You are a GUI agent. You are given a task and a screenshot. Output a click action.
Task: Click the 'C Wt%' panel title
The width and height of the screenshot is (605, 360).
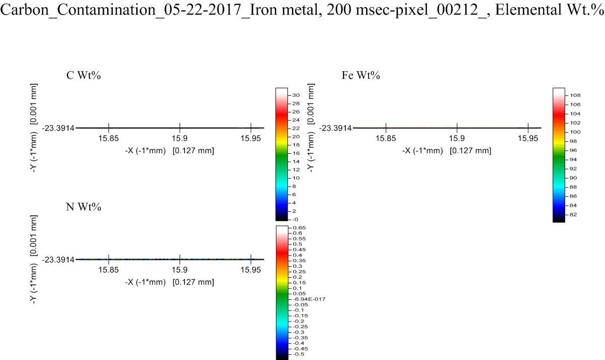pos(85,76)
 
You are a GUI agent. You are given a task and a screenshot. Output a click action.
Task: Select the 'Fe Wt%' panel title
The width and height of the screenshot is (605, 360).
pos(361,76)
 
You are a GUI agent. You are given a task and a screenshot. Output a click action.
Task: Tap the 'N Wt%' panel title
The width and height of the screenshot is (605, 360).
pos(85,207)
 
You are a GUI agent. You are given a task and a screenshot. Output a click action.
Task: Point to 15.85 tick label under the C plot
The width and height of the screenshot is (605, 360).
pos(109,138)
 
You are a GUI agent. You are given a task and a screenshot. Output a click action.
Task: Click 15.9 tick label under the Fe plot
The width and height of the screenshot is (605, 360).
pos(457,138)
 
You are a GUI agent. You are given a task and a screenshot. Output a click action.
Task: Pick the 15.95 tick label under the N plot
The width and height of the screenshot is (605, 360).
pos(251,269)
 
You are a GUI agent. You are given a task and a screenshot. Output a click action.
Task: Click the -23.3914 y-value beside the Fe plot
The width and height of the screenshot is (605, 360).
pos(335,128)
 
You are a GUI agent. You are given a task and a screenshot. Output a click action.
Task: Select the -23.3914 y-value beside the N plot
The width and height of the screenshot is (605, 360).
pos(58,260)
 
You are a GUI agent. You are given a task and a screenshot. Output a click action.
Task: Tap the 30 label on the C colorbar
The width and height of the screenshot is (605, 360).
pos(296,95)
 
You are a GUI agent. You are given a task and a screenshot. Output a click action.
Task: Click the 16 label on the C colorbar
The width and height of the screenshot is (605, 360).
pos(296,153)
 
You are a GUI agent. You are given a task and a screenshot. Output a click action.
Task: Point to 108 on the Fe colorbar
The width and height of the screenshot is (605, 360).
pos(575,95)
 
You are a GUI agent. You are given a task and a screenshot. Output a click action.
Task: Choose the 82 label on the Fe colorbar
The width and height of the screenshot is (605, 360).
pos(574,215)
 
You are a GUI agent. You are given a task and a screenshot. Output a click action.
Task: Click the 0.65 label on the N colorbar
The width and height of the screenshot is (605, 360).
pos(297,228)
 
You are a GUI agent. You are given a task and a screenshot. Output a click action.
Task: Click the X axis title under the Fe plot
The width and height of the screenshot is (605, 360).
pos(446,150)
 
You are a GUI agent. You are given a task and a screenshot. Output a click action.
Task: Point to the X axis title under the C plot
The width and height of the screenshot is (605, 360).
pos(169,150)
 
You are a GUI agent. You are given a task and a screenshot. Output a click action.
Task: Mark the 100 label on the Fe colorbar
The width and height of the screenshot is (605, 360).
pos(575,132)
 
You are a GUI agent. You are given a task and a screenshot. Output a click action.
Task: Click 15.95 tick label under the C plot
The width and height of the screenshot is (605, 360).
pos(251,138)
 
